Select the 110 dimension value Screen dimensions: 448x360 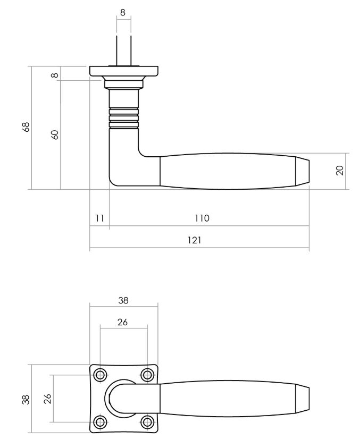coord(202,218)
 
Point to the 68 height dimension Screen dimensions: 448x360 coord(26,126)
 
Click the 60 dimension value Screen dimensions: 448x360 coord(54,134)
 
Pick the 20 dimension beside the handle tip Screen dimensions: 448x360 coord(340,170)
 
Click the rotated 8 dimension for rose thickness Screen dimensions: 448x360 coord(54,75)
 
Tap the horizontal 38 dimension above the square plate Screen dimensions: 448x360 coord(123,300)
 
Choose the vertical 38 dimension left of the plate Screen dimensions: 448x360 coord(26,399)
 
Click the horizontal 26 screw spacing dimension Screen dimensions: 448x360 coord(123,322)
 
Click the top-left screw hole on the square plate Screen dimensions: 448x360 coord(100,376)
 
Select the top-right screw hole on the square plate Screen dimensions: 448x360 coord(147,376)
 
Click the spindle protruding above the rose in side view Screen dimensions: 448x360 coord(123,50)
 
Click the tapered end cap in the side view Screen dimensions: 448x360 coord(302,171)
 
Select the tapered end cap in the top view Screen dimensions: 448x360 coord(302,399)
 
